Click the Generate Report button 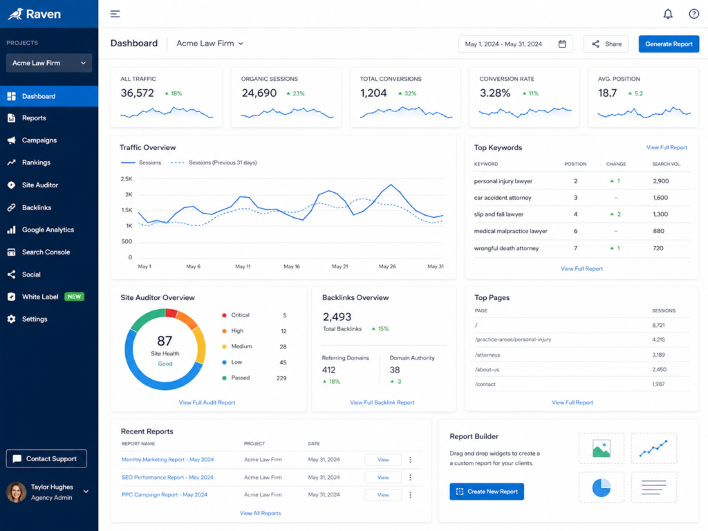coord(669,44)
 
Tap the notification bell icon coord(668,14)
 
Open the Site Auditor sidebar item coord(39,185)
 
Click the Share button coord(606,44)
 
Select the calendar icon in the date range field coord(562,44)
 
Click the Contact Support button coord(46,459)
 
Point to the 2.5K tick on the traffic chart coord(127,179)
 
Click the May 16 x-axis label coord(292,266)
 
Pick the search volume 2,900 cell coord(660,181)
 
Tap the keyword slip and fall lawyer coord(499,214)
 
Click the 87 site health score coord(165,340)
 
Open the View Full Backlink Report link coord(382,402)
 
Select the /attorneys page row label coord(487,355)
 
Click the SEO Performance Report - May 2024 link coord(167,477)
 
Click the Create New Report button coord(487,492)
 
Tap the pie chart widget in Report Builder coord(601,487)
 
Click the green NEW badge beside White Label coord(75,297)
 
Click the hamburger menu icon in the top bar coord(115,14)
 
